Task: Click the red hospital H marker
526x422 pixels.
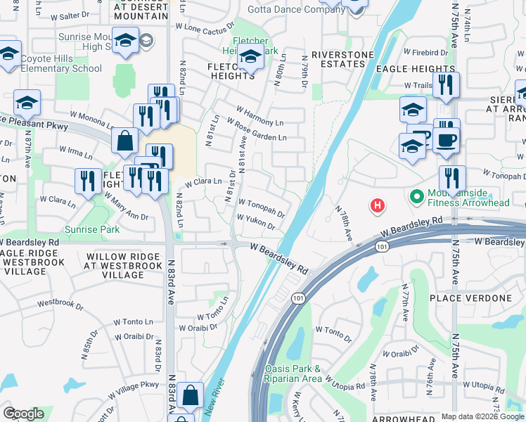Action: click(378, 205)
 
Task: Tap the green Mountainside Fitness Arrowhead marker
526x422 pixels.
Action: click(416, 195)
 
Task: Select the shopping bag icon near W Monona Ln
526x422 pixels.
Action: click(124, 141)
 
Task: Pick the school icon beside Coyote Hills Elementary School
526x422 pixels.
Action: click(9, 54)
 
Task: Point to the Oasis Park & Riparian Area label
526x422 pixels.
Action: click(293, 373)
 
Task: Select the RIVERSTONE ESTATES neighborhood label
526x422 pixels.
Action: click(338, 59)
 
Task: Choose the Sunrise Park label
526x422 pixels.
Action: click(92, 229)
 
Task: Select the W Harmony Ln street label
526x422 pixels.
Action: click(260, 117)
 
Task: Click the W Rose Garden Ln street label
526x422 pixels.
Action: click(261, 131)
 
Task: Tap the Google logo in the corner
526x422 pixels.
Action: click(23, 414)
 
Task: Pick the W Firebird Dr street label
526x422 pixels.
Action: click(425, 52)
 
